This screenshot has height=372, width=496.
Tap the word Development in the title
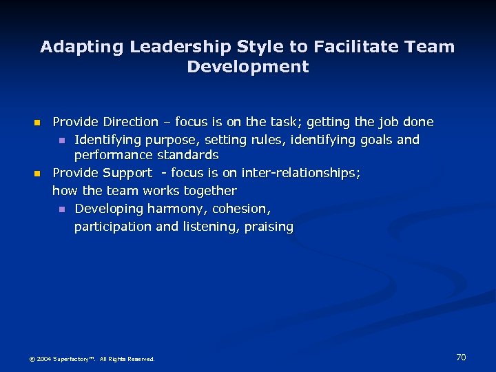(x=248, y=67)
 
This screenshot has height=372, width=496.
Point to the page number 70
(x=461, y=357)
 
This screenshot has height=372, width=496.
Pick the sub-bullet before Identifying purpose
(x=61, y=141)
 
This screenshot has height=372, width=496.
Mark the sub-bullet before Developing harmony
(x=61, y=209)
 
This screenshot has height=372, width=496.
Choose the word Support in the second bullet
(x=127, y=173)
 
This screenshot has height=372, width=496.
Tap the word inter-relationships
(x=300, y=173)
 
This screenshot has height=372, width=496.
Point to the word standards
(x=187, y=155)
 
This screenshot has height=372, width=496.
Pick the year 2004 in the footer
(x=43, y=359)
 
